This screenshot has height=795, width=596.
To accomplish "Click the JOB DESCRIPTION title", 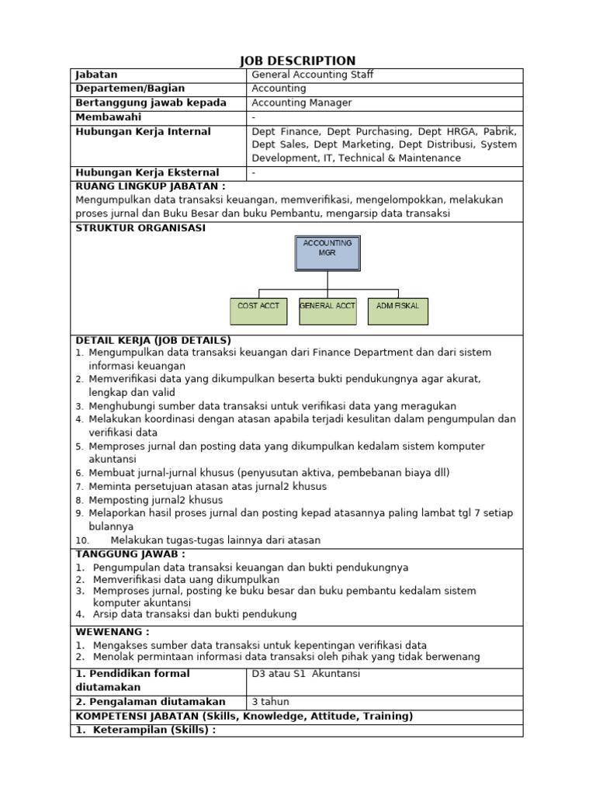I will (x=297, y=61).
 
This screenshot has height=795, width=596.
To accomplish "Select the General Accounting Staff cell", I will (x=313, y=75).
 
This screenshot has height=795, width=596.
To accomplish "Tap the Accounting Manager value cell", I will (x=302, y=102).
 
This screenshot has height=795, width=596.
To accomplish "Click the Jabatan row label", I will (x=96, y=75).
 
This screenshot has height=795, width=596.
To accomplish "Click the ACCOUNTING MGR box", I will (x=327, y=253).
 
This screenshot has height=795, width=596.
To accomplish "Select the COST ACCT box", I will (x=258, y=310).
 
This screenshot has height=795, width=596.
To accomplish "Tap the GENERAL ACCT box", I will (x=327, y=310).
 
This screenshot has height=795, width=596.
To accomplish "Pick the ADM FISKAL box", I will (x=397, y=310).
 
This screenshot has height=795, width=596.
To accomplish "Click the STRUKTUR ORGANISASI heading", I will (x=140, y=228).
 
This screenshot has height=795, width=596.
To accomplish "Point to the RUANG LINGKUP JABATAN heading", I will (x=150, y=186).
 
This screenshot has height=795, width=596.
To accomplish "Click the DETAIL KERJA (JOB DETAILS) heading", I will (x=153, y=340).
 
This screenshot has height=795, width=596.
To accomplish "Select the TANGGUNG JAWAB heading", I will (x=130, y=554).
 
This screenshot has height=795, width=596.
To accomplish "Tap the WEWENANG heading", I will (x=112, y=632).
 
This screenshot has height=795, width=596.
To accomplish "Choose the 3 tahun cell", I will (x=270, y=702).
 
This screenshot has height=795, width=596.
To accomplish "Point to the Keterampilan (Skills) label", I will (x=153, y=730).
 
